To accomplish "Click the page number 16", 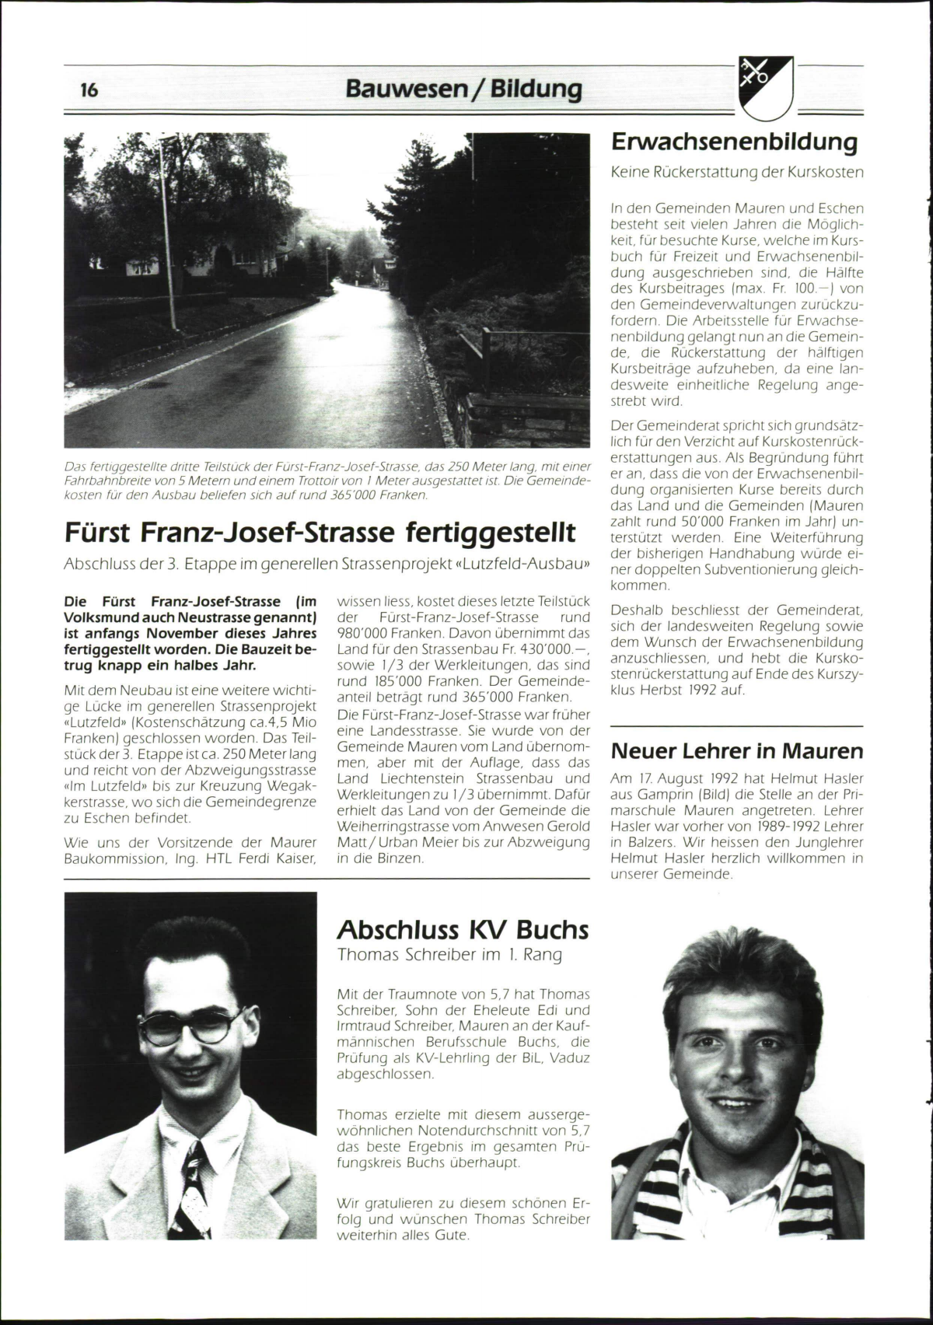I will point(89,90).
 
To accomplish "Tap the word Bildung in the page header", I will point(536,90).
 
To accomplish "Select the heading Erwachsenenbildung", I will point(734,142).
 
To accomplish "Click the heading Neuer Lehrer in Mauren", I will point(736,751).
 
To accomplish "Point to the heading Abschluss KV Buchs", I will point(463,930).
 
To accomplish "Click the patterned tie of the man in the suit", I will point(191,1197).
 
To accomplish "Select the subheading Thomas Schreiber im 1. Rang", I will point(449,955).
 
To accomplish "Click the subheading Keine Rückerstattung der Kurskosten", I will point(736,172).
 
